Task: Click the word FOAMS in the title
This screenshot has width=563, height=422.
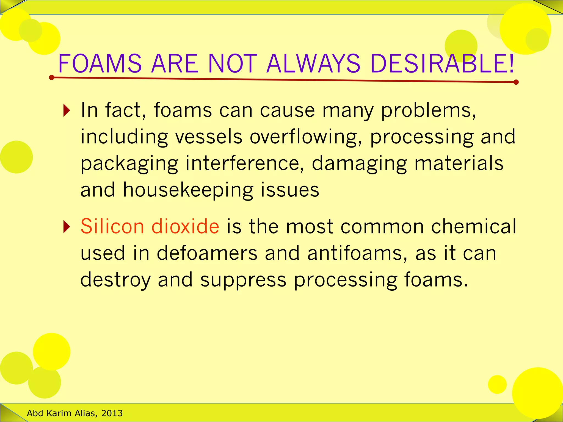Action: (100, 64)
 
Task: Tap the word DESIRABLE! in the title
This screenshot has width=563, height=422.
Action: (442, 64)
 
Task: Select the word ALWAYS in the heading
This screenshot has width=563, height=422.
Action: (313, 64)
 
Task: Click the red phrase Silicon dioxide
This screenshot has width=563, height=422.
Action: (150, 226)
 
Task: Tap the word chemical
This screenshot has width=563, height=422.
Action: (474, 226)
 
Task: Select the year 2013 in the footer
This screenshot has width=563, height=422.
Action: (112, 413)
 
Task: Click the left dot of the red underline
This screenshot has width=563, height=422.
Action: (52, 78)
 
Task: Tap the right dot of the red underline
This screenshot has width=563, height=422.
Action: (516, 82)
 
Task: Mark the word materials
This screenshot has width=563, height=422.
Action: (459, 163)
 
